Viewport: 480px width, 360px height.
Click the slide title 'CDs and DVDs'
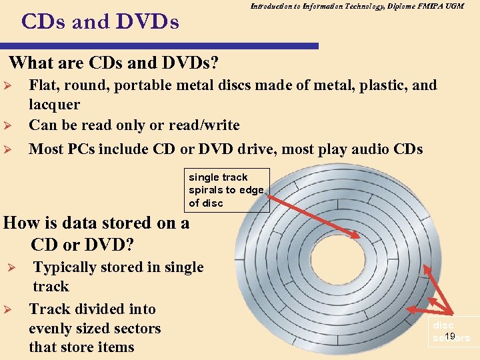[x=100, y=22]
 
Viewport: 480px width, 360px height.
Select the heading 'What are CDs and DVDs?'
[x=115, y=63]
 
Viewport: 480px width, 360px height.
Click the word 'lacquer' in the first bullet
[x=54, y=105]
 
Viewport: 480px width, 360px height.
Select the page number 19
[x=450, y=336]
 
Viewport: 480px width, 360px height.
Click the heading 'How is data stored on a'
[x=96, y=223]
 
